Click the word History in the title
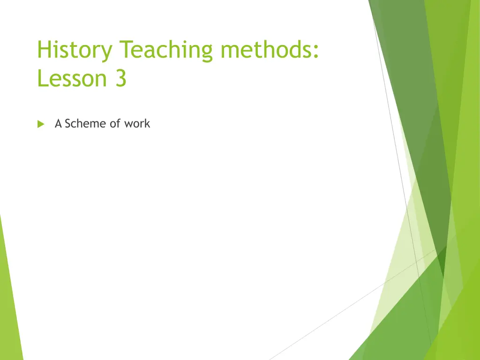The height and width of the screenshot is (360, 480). click(75, 50)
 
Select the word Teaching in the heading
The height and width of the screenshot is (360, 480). click(165, 50)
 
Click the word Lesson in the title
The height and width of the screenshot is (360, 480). click(72, 78)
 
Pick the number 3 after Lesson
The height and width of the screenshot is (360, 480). click(121, 78)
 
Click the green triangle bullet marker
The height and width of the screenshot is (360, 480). click(41, 124)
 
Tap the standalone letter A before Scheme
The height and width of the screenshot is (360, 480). click(58, 123)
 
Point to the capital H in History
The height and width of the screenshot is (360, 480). click(44, 49)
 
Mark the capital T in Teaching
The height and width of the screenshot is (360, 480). click(126, 49)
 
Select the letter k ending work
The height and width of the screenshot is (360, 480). click(147, 123)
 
